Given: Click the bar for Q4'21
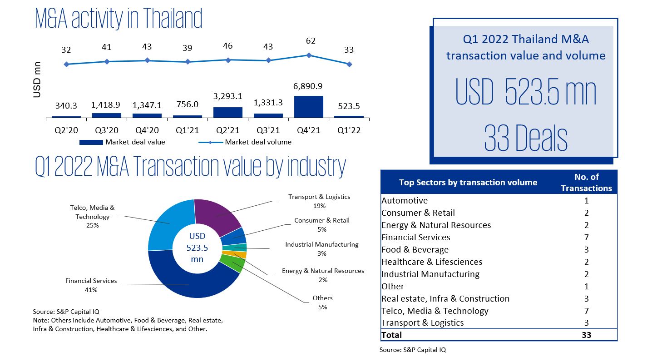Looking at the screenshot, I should (309, 107).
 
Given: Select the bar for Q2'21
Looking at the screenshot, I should (227, 113).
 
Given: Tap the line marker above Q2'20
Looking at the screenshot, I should (67, 64).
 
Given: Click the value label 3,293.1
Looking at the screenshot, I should (227, 96).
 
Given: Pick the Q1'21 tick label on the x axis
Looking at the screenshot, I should (187, 130).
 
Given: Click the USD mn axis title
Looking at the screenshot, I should (37, 79).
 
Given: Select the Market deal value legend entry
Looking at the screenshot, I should (122, 142).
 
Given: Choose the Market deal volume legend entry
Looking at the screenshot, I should (245, 142).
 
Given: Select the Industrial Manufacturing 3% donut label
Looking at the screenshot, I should (321, 249).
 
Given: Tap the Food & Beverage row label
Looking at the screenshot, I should (415, 249).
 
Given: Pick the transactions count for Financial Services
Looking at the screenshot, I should (586, 237).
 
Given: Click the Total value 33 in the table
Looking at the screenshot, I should (586, 335).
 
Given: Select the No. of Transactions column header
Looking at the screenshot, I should (586, 182).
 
